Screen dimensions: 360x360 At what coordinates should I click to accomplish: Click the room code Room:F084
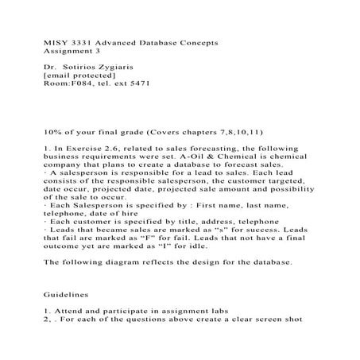point(66,81)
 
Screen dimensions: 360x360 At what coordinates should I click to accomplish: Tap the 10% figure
point(51,132)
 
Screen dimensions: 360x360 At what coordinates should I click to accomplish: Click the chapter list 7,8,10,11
point(237,132)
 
